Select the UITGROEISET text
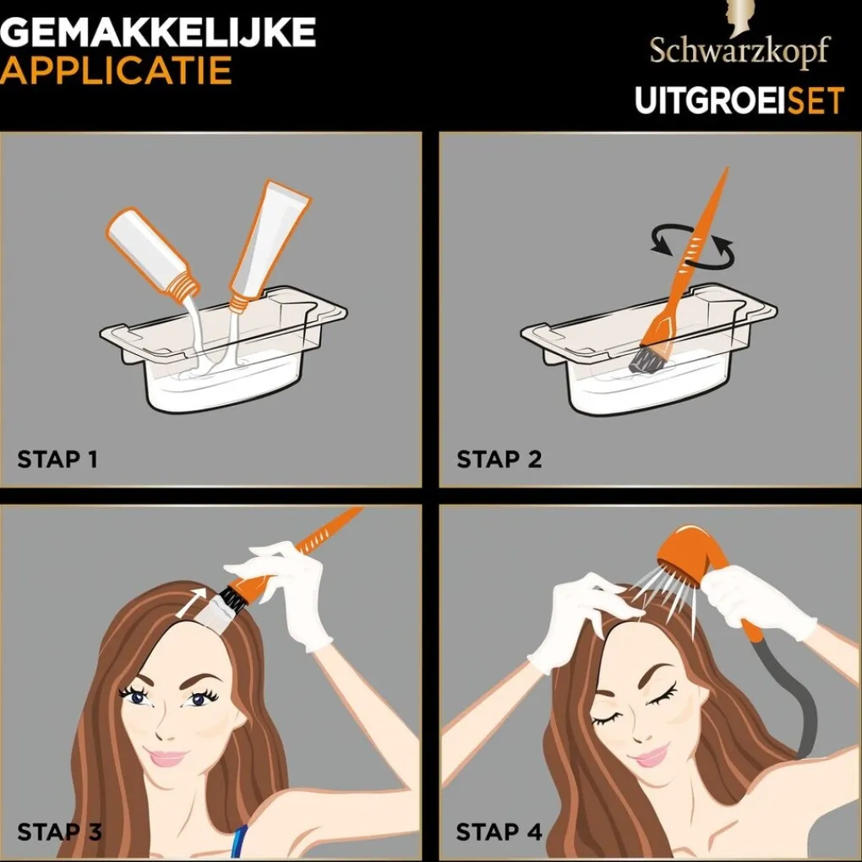pyautogui.click(x=739, y=101)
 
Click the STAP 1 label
pyautogui.click(x=57, y=460)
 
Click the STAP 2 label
pyautogui.click(x=499, y=460)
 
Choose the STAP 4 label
pyautogui.click(x=499, y=831)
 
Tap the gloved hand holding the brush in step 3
pyautogui.click(x=287, y=592)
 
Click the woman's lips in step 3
pyautogui.click(x=166, y=758)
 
